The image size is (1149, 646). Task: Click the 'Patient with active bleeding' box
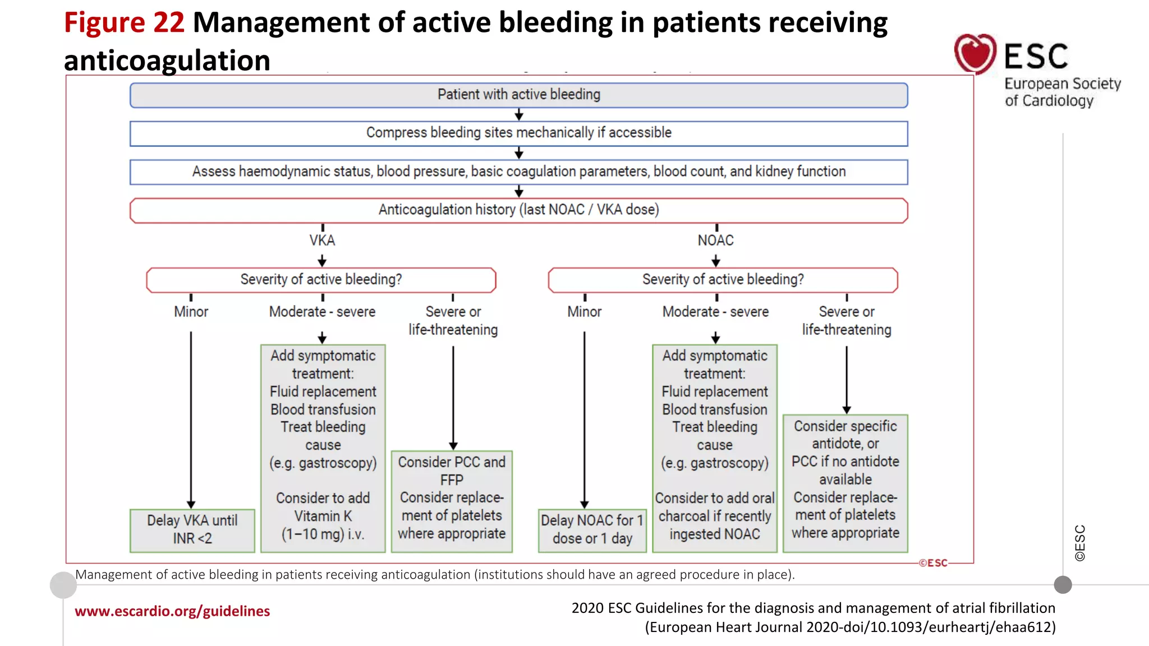tap(518, 95)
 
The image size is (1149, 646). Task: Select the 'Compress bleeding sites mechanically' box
tap(518, 133)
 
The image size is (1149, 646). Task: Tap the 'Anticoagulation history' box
tap(518, 210)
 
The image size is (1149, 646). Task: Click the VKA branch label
tap(322, 241)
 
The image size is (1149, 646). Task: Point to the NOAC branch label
tap(715, 241)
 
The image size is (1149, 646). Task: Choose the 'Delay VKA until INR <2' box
tap(192, 529)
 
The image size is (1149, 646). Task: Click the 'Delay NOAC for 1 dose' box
tap(592, 529)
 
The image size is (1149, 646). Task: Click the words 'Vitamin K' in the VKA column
tap(323, 516)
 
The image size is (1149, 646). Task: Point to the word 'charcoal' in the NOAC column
tap(683, 516)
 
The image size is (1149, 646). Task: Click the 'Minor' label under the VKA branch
tap(191, 312)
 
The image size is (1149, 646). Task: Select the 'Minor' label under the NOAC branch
tap(584, 312)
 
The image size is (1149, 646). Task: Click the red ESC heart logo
tap(975, 53)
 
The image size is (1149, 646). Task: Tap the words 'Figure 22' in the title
tap(124, 23)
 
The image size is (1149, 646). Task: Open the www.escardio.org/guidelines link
tap(172, 611)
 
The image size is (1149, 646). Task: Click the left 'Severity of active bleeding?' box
tap(321, 279)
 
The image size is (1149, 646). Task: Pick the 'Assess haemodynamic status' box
tap(518, 172)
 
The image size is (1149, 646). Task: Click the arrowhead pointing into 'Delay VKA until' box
tap(191, 504)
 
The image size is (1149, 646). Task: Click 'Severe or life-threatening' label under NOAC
tap(846, 321)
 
